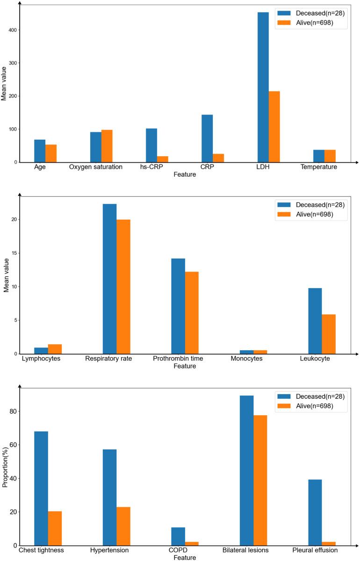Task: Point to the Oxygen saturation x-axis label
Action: (x=96, y=167)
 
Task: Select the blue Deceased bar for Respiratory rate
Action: (x=110, y=279)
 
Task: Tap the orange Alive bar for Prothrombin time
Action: (x=192, y=313)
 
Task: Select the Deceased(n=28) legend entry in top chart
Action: (x=311, y=13)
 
